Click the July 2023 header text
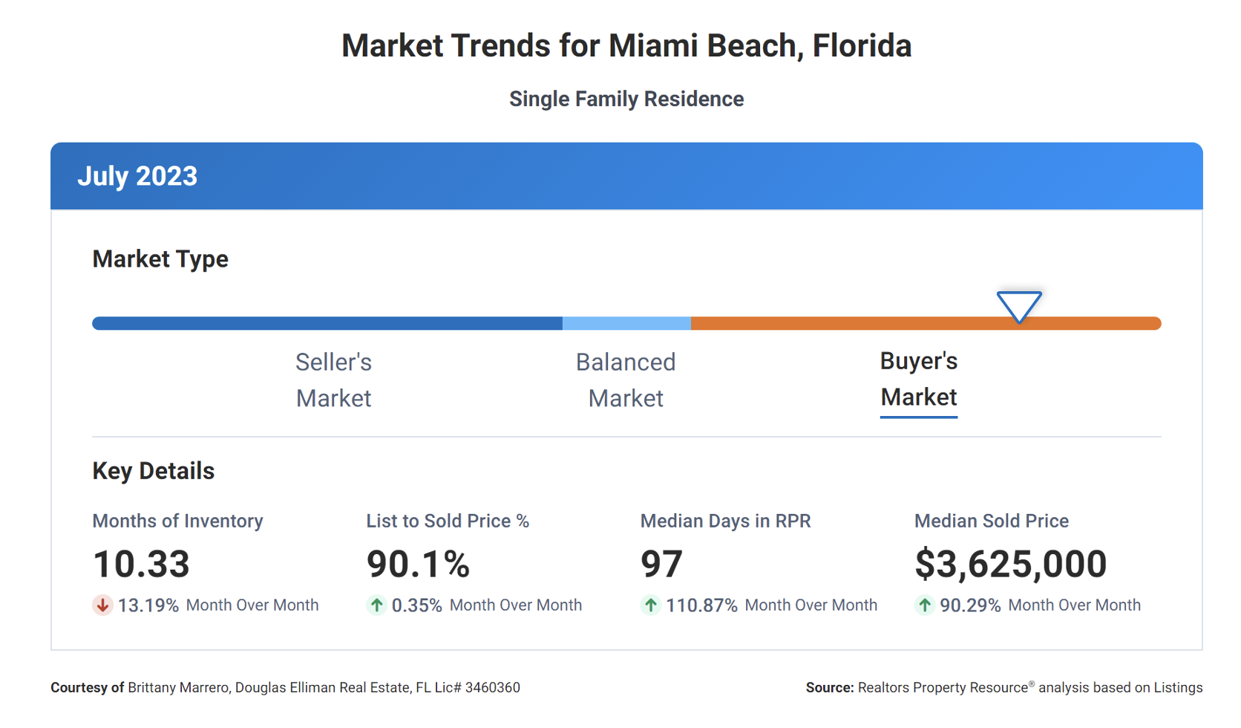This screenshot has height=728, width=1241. pos(137,177)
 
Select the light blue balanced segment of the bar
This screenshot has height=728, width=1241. pos(626,323)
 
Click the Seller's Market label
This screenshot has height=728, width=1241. pos(333,380)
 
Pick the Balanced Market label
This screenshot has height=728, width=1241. pos(626,380)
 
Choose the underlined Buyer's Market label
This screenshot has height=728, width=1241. pos(918,379)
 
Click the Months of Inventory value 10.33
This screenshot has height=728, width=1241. pos(141,564)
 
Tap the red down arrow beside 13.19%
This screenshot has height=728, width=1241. pos(102,605)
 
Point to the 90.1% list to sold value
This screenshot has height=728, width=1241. pos(418,564)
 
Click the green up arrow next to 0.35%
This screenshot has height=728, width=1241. pos(376,605)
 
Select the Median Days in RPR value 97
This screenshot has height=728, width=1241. pos(661,564)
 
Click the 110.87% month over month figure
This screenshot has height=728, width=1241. pos(701,605)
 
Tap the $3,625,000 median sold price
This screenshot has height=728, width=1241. pos(1010,564)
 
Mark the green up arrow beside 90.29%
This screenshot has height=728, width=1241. pos(924,605)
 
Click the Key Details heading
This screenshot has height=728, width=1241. pos(153,471)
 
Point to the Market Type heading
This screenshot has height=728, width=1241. pos(160,259)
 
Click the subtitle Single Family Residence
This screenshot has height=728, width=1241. pos(626,99)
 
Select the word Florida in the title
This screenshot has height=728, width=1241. pos(862,46)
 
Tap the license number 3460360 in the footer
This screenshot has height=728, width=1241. pos(492,688)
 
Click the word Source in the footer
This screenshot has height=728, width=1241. pos(829,688)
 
